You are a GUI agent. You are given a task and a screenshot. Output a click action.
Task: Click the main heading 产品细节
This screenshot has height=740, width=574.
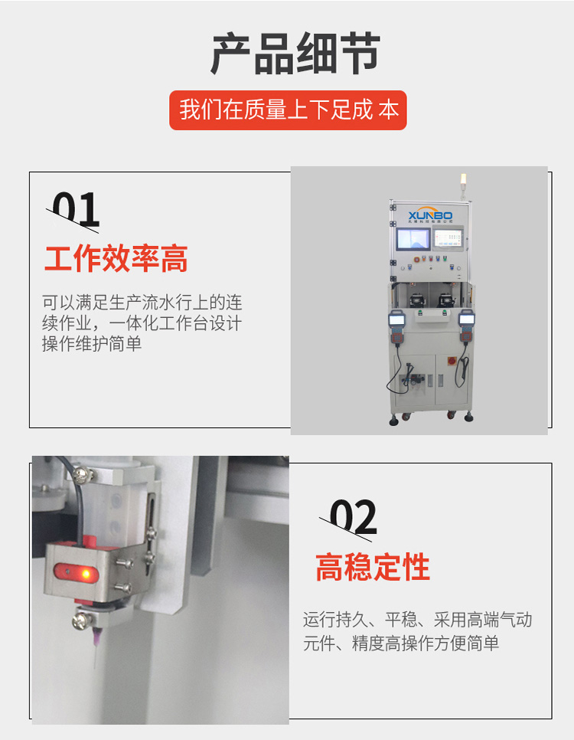coord(295,54)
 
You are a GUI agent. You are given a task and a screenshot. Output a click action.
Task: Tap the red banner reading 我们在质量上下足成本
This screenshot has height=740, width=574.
coord(288,110)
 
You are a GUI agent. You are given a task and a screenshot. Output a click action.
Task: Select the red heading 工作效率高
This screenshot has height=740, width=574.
coord(116,260)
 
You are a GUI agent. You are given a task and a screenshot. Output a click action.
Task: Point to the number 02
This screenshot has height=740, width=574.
coord(353,518)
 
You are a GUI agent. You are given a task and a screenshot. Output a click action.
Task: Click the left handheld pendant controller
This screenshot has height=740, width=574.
coord(396,326)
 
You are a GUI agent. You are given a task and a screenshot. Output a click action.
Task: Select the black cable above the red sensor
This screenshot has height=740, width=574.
coord(78,490)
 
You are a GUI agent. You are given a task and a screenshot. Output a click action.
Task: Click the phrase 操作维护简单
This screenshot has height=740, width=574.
coord(92,344)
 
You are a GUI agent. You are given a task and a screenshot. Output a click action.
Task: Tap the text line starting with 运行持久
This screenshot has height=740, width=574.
coord(417,620)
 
